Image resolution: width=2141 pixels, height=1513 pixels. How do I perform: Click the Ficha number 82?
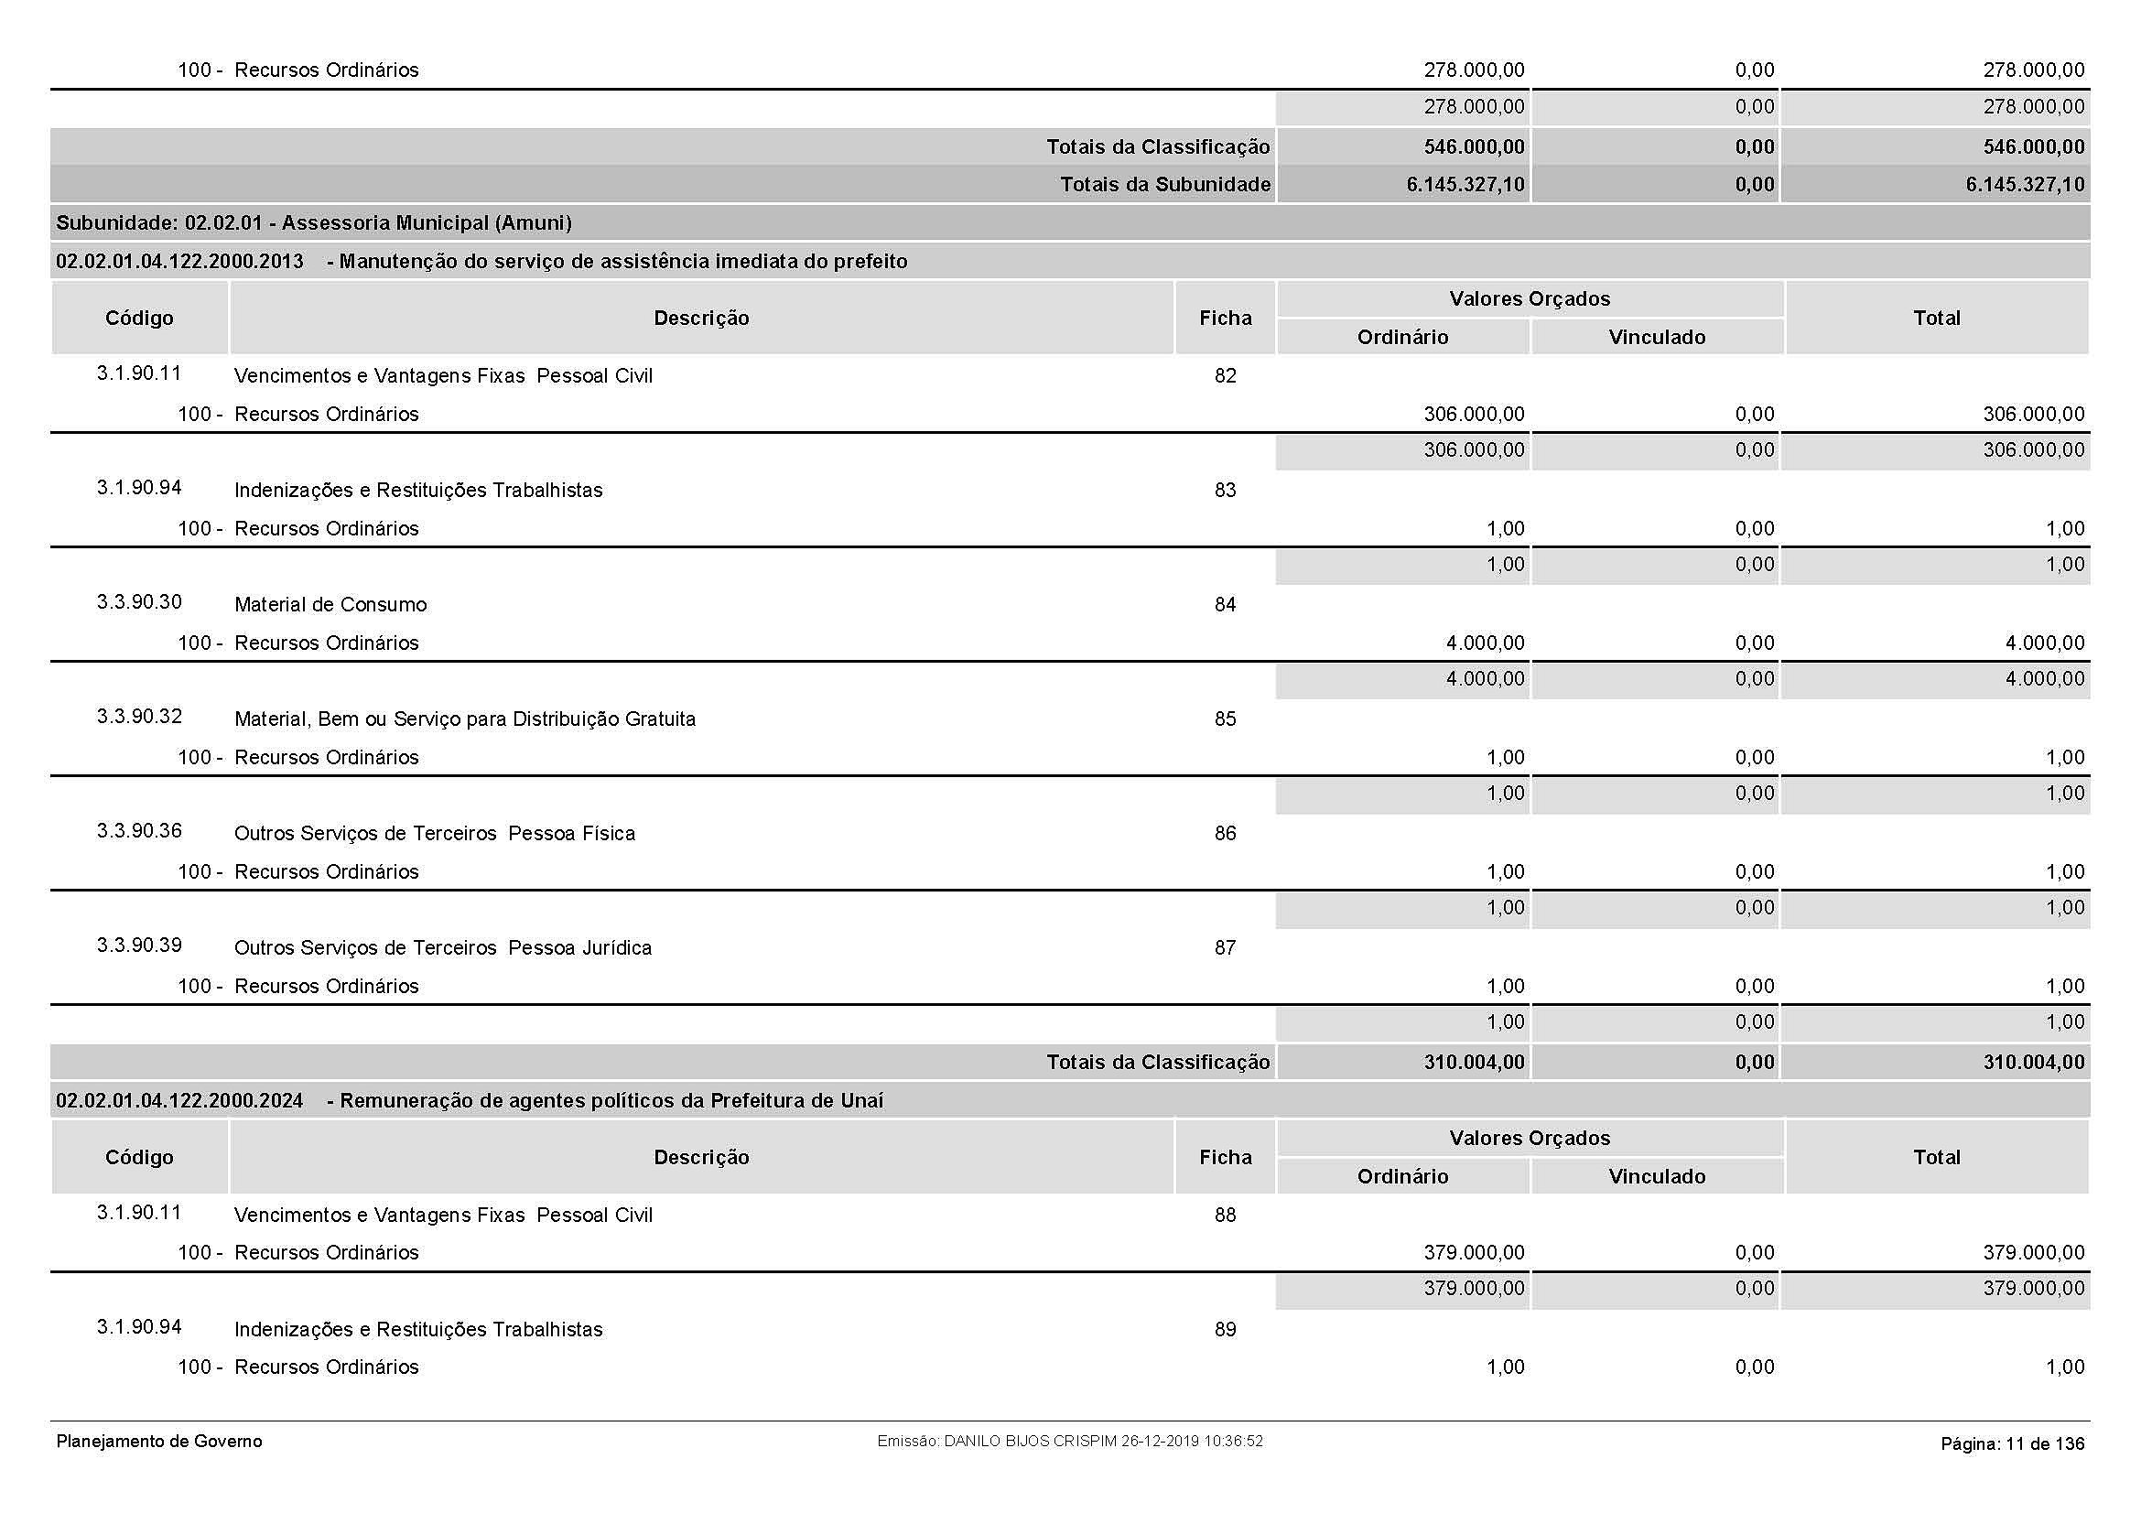tap(1225, 375)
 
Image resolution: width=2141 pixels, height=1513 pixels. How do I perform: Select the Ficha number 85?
tap(1225, 719)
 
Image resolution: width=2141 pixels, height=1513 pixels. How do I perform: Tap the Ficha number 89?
tap(1225, 1329)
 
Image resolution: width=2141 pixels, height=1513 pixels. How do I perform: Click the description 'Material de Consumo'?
tap(330, 605)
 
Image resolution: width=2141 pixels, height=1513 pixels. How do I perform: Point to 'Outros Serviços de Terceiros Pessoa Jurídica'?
tap(443, 948)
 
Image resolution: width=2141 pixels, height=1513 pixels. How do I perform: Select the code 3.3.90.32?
tap(139, 717)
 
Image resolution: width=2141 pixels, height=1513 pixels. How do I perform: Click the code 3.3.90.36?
tap(139, 830)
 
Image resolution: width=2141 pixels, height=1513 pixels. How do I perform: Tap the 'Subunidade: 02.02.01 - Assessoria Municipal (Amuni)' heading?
tap(313, 222)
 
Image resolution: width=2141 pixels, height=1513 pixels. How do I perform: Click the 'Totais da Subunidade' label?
tap(1164, 185)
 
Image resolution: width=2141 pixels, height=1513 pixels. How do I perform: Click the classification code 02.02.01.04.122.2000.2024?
tap(179, 1101)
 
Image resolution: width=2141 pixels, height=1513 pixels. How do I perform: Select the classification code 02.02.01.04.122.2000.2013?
tap(179, 262)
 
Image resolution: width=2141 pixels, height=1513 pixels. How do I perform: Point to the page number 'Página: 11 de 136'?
tap(2011, 1444)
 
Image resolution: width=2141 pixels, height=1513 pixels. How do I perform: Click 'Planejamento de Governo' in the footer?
tap(159, 1442)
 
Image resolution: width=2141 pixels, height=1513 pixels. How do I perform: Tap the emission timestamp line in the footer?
tap(1069, 1442)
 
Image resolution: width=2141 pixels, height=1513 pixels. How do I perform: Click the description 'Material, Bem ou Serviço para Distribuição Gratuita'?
tap(464, 719)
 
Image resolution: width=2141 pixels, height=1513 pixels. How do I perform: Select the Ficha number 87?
tap(1225, 948)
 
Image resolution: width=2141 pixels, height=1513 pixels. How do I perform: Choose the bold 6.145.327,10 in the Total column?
tap(2025, 185)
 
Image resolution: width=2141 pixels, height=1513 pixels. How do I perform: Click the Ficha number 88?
tap(1225, 1215)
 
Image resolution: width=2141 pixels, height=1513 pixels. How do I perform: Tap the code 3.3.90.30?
tap(139, 602)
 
